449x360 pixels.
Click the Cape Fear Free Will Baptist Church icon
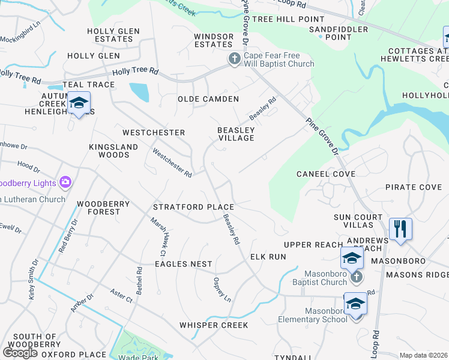pyautogui.click(x=234, y=59)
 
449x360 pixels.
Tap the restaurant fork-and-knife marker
pyautogui.click(x=400, y=229)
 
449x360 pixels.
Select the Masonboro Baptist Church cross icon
pyautogui.click(x=356, y=277)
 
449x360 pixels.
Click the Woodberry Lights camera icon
pyautogui.click(x=65, y=182)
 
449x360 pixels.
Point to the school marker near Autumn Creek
pyautogui.click(x=79, y=103)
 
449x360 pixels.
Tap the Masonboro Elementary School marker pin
pyautogui.click(x=355, y=304)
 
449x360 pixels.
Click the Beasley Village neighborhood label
pyautogui.click(x=236, y=134)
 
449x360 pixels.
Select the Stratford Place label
pyautogui.click(x=193, y=207)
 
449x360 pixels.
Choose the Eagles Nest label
pyautogui.click(x=184, y=264)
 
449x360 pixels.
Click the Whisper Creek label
pyautogui.click(x=214, y=325)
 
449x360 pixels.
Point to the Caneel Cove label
pyautogui.click(x=326, y=174)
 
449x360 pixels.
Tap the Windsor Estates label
pyautogui.click(x=213, y=40)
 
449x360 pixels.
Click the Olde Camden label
pyautogui.click(x=208, y=99)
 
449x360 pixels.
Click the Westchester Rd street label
pyautogui.click(x=172, y=163)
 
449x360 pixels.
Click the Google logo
pyautogui.click(x=20, y=353)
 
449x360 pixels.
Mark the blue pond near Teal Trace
pyautogui.click(x=139, y=92)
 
